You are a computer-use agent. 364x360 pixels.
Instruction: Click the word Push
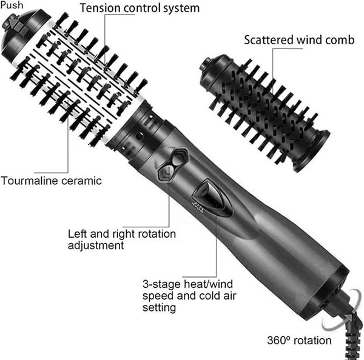(x=12, y=5)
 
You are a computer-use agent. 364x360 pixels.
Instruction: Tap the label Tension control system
(x=140, y=8)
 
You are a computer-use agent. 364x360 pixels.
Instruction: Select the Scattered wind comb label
(x=299, y=40)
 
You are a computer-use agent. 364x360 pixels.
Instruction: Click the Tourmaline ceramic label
(x=52, y=181)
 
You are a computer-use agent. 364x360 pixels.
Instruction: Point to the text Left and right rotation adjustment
(x=122, y=239)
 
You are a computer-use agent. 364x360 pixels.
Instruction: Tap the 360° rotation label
(x=299, y=341)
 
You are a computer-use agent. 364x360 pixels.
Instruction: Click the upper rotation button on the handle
(x=181, y=156)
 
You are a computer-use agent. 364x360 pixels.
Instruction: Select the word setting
(x=159, y=308)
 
